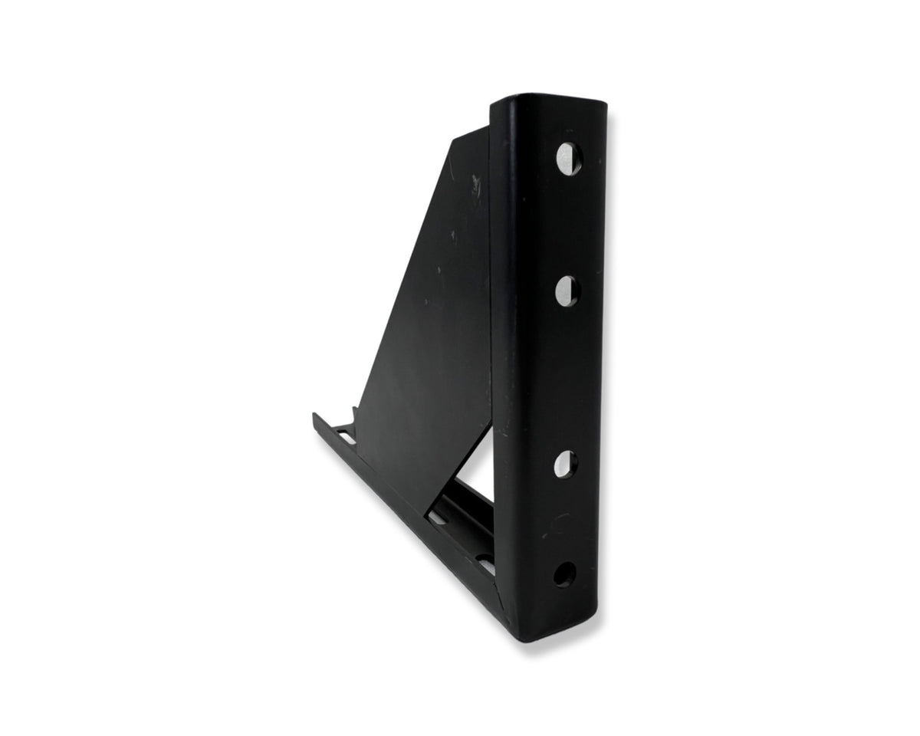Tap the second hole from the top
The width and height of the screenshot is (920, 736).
567,290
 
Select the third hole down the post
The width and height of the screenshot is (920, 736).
566,463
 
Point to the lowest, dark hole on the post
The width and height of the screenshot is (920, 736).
564,574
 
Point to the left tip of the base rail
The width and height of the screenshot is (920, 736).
315,416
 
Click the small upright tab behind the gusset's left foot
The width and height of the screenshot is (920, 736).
352,414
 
